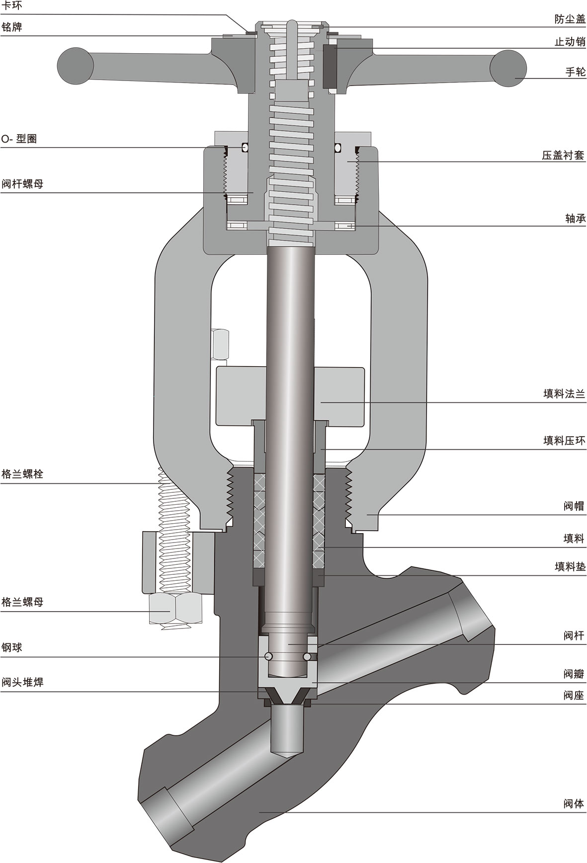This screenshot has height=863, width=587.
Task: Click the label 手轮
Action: pyautogui.click(x=576, y=72)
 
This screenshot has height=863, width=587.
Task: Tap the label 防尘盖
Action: pyautogui.click(x=570, y=19)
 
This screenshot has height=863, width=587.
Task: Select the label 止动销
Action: pyautogui.click(x=570, y=42)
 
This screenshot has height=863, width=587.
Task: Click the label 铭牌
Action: pyautogui.click(x=11, y=27)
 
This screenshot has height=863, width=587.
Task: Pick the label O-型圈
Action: pyautogui.click(x=19, y=139)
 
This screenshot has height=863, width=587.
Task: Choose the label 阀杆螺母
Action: pyautogui.click(x=22, y=184)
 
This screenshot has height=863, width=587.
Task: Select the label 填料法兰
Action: pyautogui.click(x=565, y=394)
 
